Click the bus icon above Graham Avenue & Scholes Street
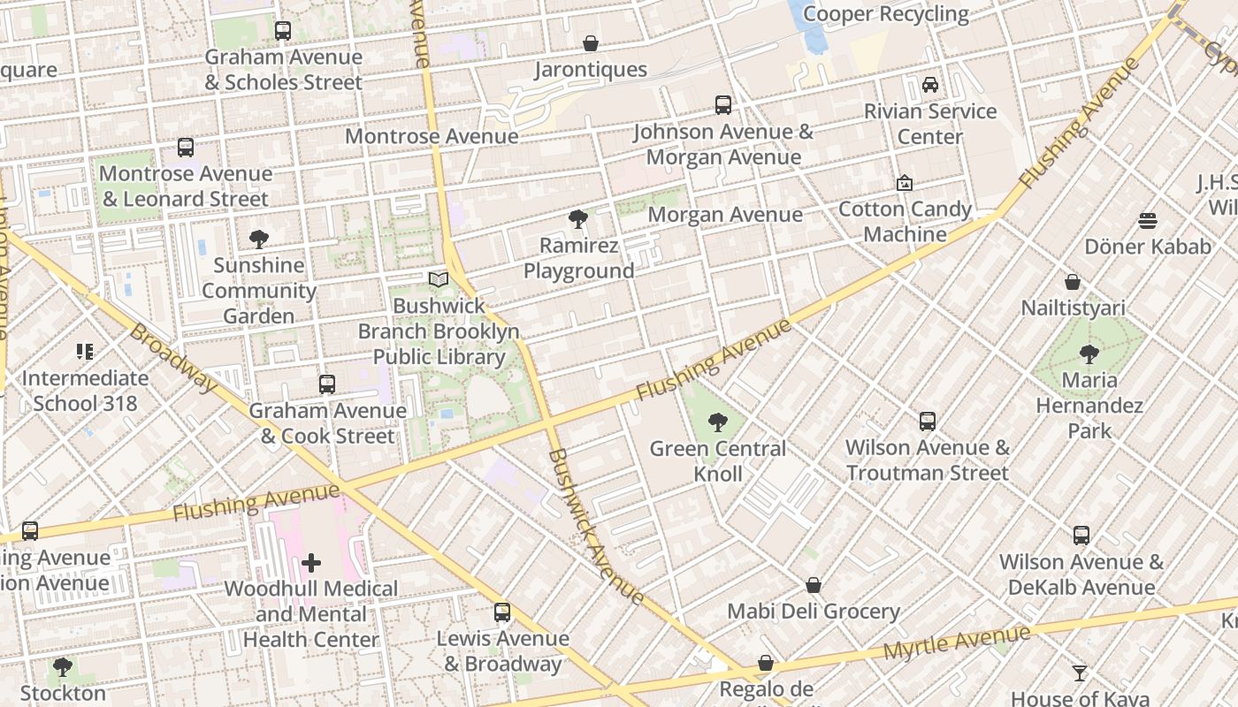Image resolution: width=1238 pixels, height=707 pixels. pos(283,31)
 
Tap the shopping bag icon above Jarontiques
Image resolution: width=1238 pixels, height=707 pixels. pos(591,43)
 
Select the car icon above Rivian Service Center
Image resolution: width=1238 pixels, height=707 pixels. pos(930,85)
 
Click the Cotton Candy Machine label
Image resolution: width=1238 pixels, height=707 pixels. pos(905,222)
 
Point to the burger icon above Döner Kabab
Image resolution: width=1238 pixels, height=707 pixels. pos(1148,220)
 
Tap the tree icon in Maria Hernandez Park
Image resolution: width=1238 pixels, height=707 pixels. pos(1089,354)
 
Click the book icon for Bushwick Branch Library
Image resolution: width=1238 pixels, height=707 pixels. pos(439,279)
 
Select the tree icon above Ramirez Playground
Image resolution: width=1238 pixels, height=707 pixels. pos(578,218)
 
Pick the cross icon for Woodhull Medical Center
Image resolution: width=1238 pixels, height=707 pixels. pos(311,562)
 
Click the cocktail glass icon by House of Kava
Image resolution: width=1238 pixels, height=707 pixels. pos(1079,673)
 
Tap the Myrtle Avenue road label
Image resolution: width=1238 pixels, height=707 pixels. pos(957,642)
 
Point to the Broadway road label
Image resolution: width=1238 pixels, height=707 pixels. pos(173,358)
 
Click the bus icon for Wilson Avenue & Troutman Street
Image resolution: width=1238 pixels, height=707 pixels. pos(927,422)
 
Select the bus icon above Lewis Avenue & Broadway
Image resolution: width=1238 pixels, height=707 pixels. pos(502,612)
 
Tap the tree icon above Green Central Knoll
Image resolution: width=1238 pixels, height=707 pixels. pos(717,422)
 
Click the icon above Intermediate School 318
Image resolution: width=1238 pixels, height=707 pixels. pos(85,352)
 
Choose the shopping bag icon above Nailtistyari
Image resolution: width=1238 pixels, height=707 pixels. pos(1073,282)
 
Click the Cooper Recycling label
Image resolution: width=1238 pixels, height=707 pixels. pos(886,14)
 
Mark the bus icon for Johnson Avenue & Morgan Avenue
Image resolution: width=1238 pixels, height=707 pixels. pos(723,105)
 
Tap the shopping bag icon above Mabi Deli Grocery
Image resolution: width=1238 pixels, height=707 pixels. pos(814,585)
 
